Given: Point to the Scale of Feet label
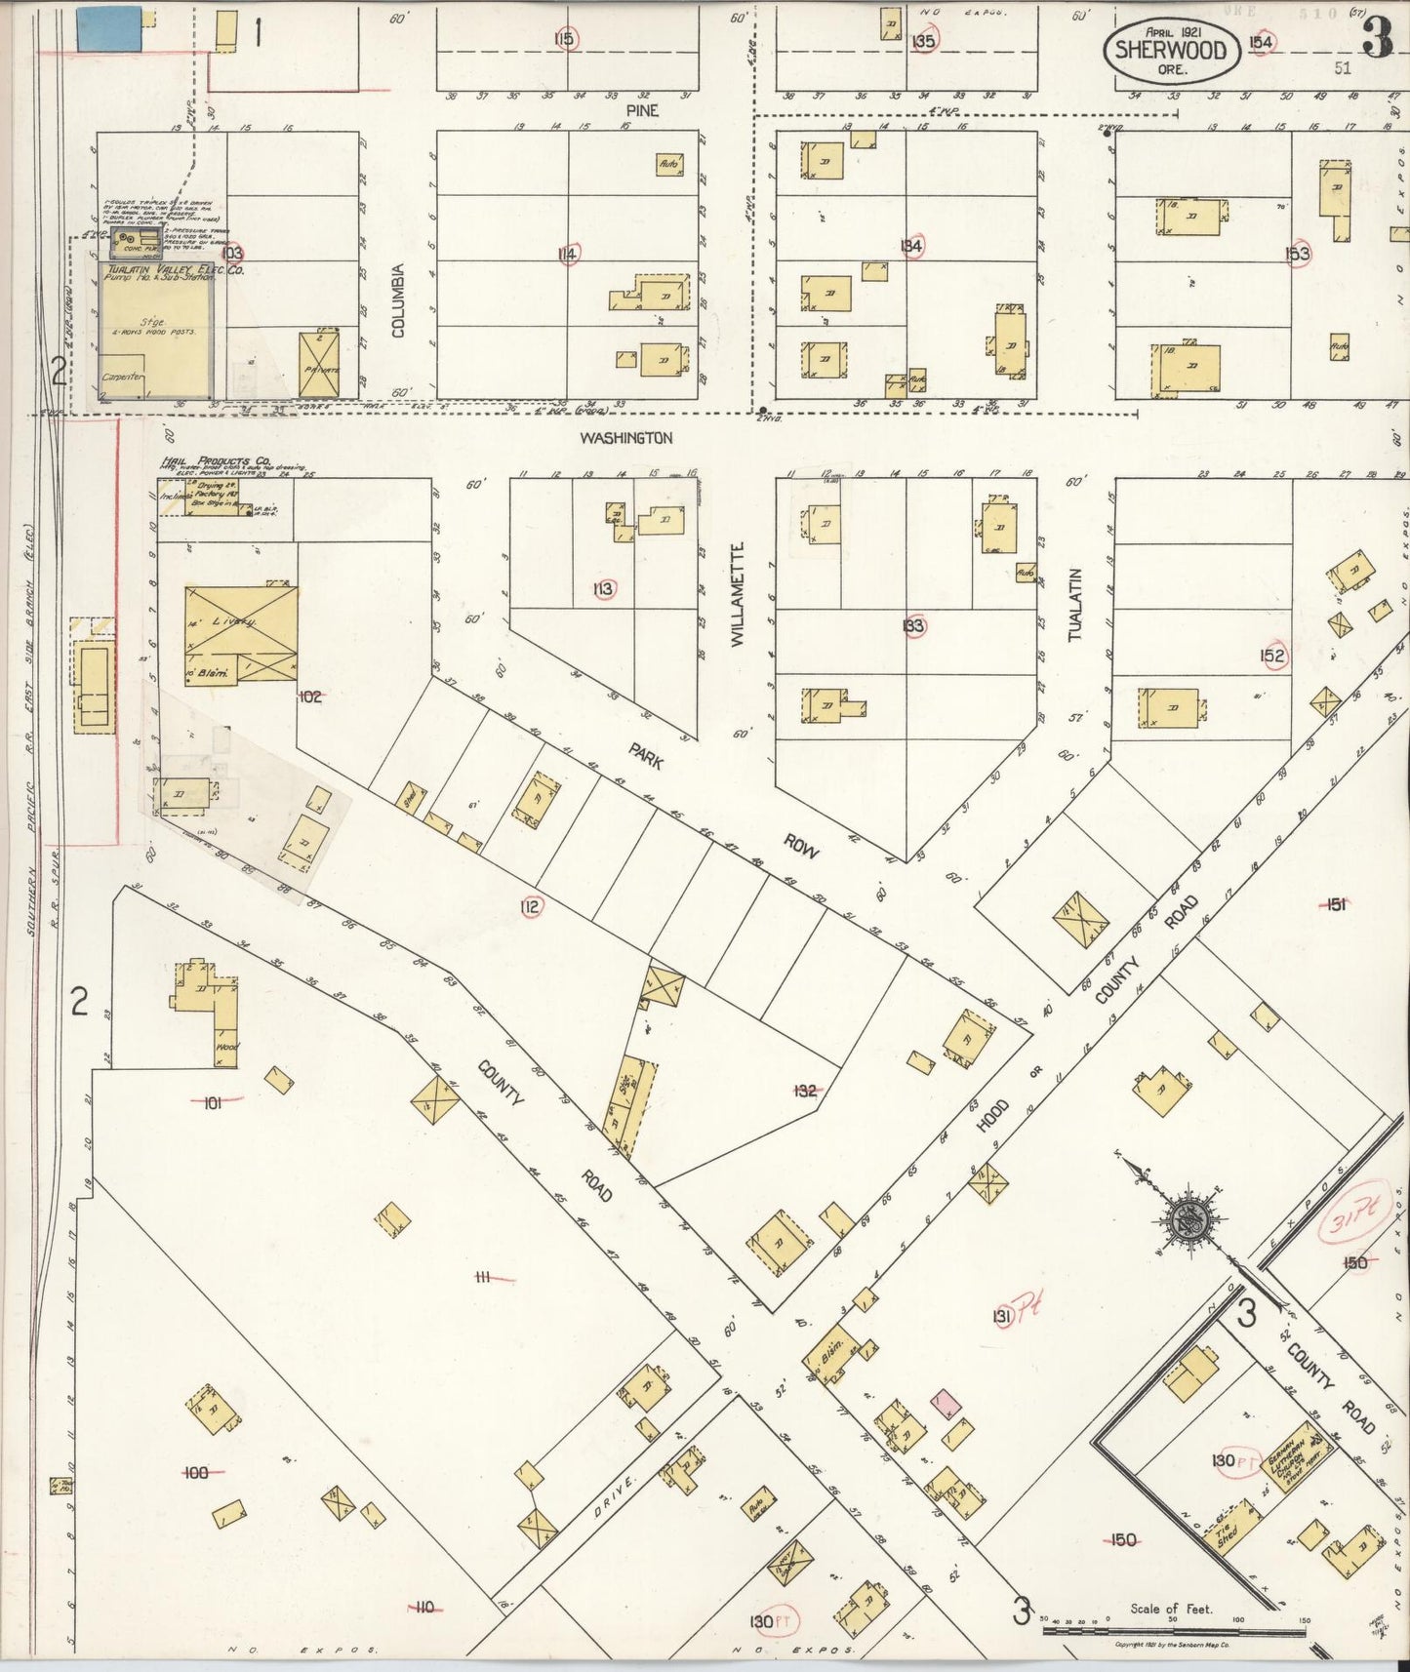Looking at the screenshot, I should pos(1171,1610).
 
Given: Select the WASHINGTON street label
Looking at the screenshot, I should pos(626,439).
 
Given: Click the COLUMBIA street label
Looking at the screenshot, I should pos(398,300).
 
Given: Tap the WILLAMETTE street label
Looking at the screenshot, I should pos(738,594).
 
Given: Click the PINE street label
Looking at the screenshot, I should pos(641,110).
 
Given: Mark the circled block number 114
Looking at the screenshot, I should pos(567,255).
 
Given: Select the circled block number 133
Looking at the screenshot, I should pos(913,626).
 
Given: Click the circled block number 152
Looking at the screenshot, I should pos(1272,656).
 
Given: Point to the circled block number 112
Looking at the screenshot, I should pos(531,907).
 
